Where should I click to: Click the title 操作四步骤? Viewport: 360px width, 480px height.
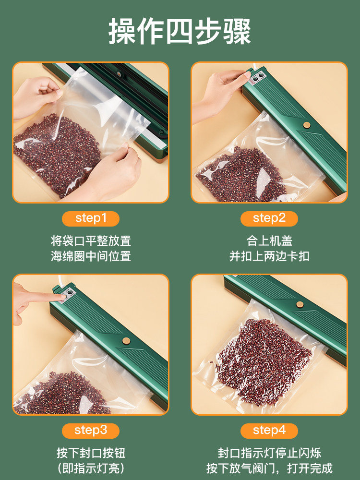pyautogui.click(x=180, y=32)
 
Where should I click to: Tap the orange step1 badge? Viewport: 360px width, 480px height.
pyautogui.click(x=91, y=218)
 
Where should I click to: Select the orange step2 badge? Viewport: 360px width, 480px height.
pyautogui.click(x=269, y=218)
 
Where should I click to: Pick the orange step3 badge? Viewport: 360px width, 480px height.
pyautogui.click(x=91, y=430)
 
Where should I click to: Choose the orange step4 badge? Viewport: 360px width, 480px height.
pyautogui.click(x=269, y=430)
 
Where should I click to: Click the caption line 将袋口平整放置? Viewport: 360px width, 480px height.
pyautogui.click(x=91, y=240)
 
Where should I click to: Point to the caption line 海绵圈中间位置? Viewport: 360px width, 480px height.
pyautogui.click(x=91, y=256)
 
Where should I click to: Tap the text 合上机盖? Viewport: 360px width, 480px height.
pyautogui.click(x=269, y=240)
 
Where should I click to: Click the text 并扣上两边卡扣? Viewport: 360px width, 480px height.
pyautogui.click(x=269, y=256)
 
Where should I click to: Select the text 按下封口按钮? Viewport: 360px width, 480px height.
pyautogui.click(x=91, y=452)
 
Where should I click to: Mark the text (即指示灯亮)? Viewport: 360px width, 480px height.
pyautogui.click(x=91, y=468)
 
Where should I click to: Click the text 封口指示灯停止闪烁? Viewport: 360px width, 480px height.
pyautogui.click(x=269, y=452)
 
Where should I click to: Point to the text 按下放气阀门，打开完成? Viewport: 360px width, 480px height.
pyautogui.click(x=269, y=468)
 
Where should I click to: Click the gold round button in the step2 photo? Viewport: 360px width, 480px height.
pyautogui.click(x=306, y=125)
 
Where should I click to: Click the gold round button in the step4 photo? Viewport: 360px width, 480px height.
pyautogui.click(x=300, y=304)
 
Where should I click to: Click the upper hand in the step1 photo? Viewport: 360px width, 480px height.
pyautogui.click(x=38, y=91)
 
